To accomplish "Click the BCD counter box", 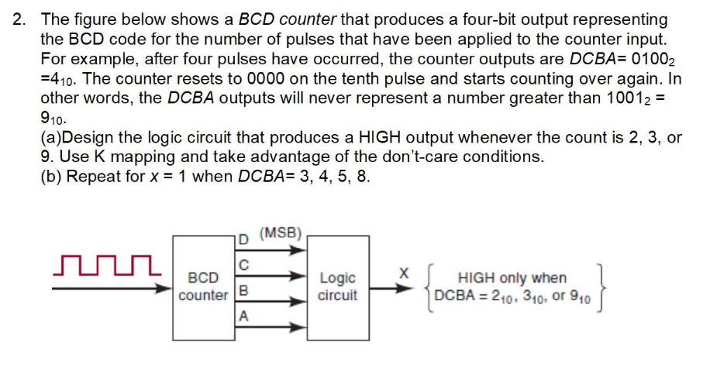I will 203,287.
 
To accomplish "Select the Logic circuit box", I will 338,286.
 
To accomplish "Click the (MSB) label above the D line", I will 282,232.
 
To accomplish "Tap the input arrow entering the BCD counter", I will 116,290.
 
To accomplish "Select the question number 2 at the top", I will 19,19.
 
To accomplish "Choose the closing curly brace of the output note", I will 598,286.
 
